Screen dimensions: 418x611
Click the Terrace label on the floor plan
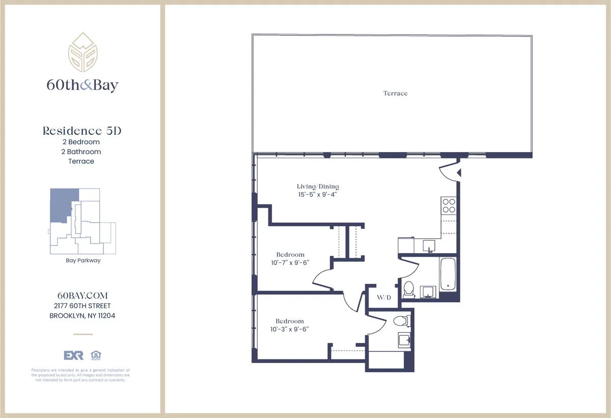395,94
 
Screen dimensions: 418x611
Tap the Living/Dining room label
318,187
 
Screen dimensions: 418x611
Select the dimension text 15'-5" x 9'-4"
318,194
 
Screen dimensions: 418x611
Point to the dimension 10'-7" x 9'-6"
290,262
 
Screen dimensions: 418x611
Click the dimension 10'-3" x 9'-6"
290,329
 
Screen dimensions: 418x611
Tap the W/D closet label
384,297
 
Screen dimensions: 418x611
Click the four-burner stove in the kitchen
448,205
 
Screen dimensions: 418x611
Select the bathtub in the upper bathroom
448,275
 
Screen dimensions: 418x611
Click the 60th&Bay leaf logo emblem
82,53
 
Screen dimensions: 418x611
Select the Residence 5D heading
82,131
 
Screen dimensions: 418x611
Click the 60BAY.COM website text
82,296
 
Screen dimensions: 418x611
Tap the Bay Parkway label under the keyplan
83,261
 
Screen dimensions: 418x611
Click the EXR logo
73,355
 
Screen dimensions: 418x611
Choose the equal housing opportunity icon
94,355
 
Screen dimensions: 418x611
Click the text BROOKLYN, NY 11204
82,316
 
